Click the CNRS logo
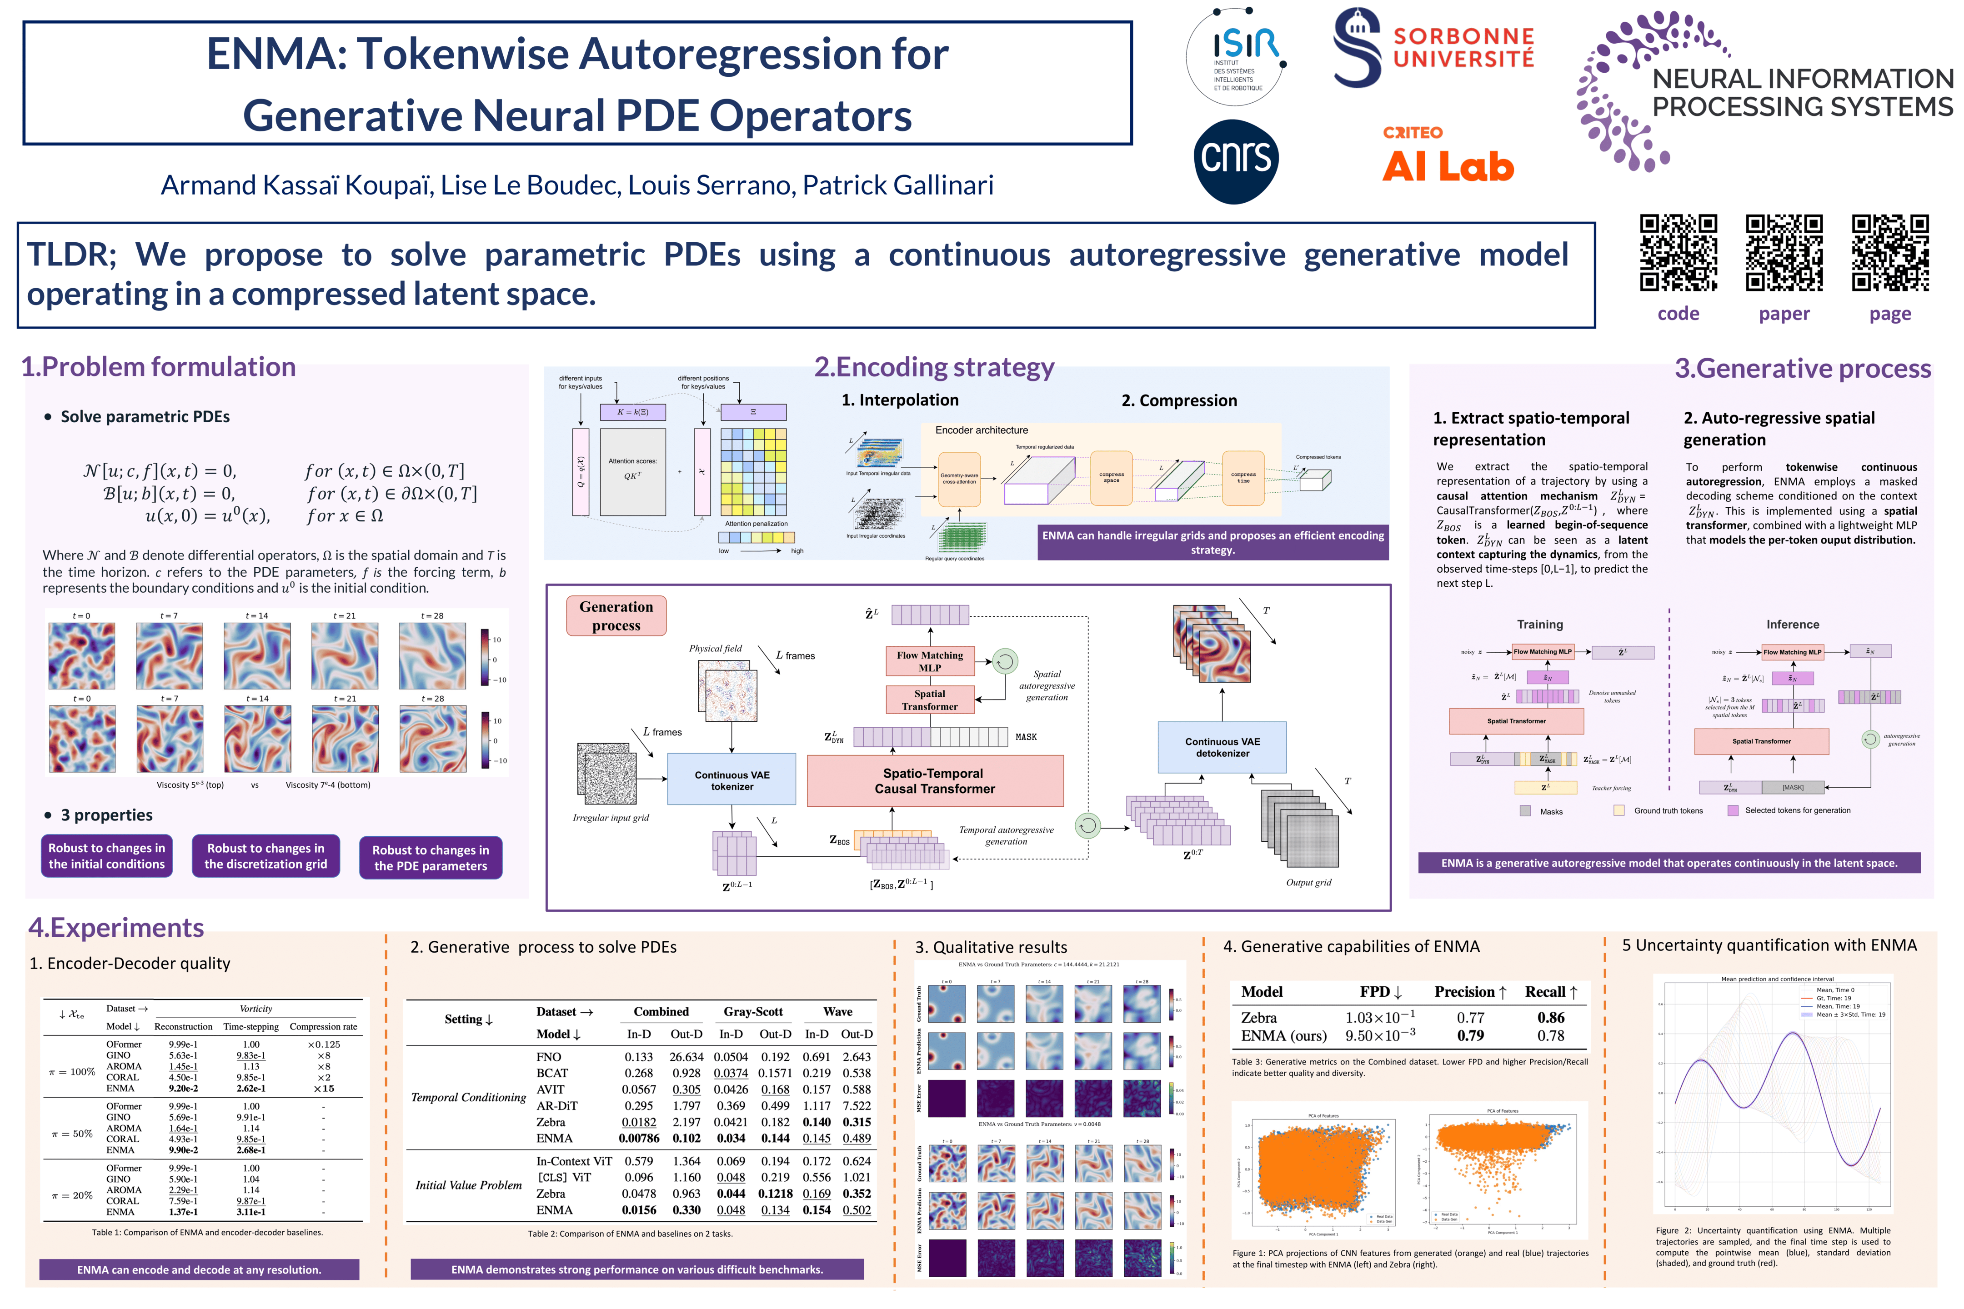point(1236,160)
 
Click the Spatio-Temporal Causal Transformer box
point(934,780)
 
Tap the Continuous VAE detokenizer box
point(1222,747)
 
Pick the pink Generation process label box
point(616,616)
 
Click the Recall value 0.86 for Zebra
point(1551,1017)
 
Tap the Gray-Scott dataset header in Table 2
point(752,1011)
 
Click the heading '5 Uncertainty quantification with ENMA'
point(1769,945)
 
